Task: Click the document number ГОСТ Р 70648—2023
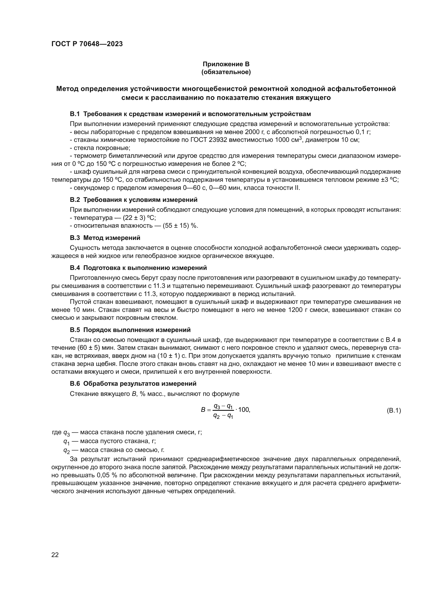pos(87,44)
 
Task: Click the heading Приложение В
pos(226,64)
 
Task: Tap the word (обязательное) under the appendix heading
pos(226,72)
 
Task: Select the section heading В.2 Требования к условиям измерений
pos(133,200)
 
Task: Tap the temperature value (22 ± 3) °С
pos(139,218)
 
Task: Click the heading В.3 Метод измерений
pos(105,238)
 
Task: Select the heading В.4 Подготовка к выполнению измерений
pos(138,268)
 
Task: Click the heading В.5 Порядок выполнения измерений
pos(130,330)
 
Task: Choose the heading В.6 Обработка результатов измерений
pos(133,384)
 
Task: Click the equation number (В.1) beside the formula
pos(393,411)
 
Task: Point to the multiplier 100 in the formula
pos(244,410)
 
